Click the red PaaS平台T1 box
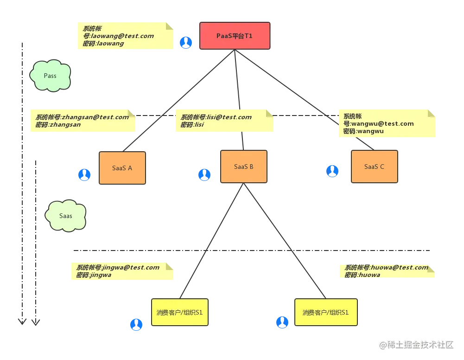click(x=235, y=36)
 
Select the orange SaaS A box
click(x=122, y=168)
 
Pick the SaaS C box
click(x=374, y=167)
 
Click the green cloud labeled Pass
click(x=50, y=76)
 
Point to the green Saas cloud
click(x=66, y=216)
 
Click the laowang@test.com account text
click(x=121, y=36)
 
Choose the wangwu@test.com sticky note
click(x=387, y=124)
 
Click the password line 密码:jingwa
click(x=94, y=275)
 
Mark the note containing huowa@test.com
click(x=387, y=271)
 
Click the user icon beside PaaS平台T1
click(x=186, y=43)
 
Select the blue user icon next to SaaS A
click(x=85, y=174)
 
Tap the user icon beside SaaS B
click(x=204, y=174)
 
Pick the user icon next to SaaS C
click(x=332, y=171)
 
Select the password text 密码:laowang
click(x=103, y=44)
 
